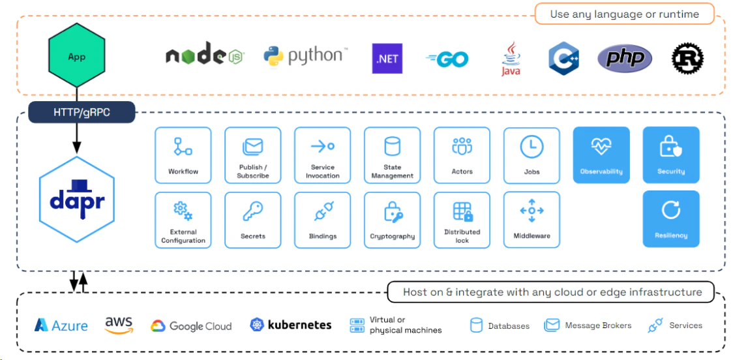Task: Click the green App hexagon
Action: point(77,57)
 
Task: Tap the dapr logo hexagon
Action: point(77,200)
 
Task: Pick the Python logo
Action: point(305,57)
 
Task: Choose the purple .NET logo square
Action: point(387,59)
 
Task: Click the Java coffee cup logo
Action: point(511,59)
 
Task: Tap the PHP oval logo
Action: point(624,59)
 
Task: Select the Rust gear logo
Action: point(687,59)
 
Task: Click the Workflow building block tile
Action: point(183,155)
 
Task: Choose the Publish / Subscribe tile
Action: point(252,155)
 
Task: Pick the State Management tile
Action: point(392,155)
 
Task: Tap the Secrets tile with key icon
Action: point(252,220)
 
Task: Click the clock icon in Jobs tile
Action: point(531,147)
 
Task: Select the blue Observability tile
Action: point(601,155)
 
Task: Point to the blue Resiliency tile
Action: point(670,218)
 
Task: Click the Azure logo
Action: point(61,325)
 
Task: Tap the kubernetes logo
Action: point(290,325)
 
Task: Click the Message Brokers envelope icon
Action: point(552,325)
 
